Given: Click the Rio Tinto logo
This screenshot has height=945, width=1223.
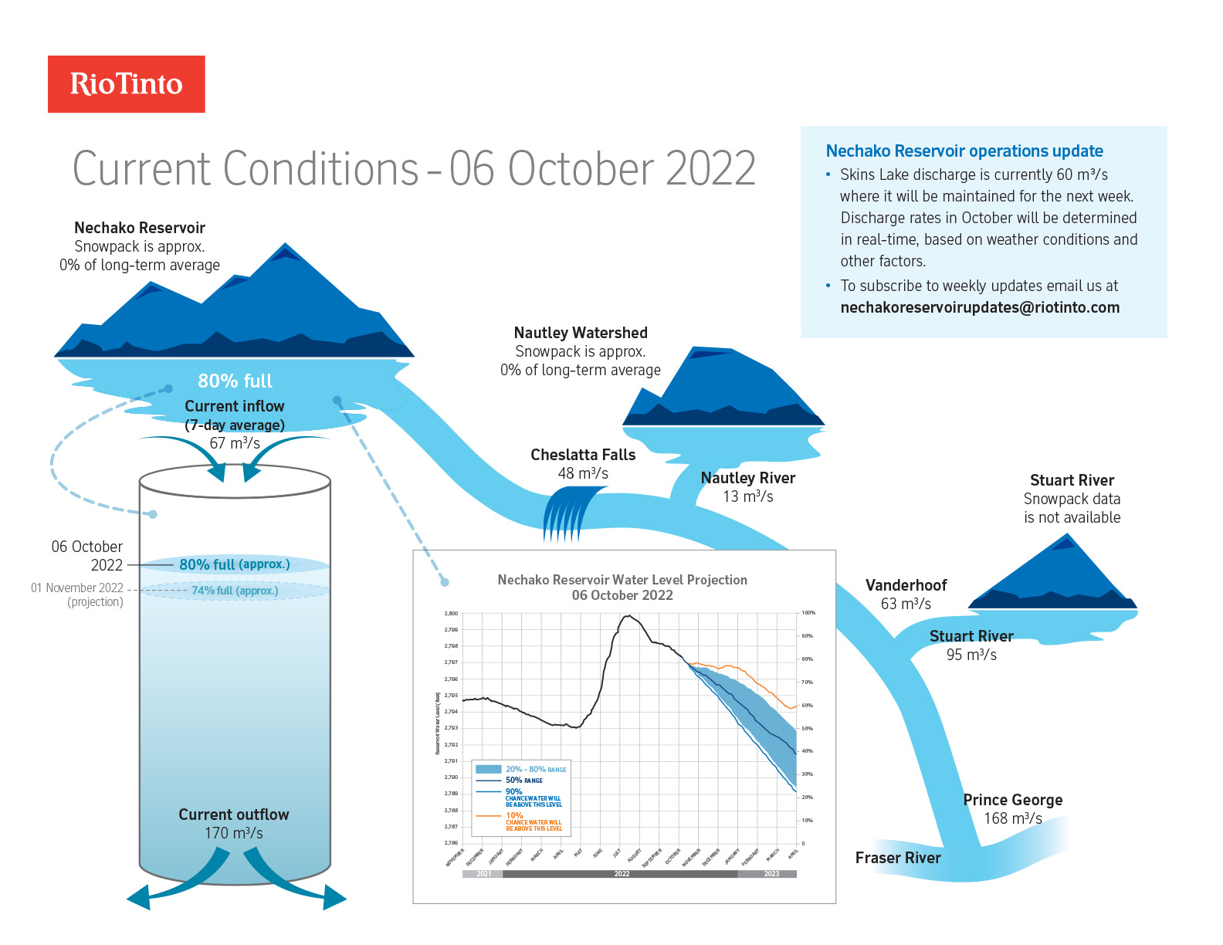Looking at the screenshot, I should coord(127,84).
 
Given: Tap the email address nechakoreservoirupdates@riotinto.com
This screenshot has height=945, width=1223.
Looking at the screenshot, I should coord(980,307).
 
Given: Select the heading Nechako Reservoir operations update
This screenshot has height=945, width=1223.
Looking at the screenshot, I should coord(964,151).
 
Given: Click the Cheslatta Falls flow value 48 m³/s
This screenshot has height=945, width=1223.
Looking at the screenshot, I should coord(583,473).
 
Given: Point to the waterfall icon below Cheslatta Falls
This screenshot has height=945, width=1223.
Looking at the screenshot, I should coord(571,513).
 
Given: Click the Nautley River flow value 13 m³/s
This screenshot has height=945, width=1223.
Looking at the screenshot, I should coord(747,496).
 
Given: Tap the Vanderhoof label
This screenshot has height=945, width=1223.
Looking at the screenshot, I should coord(906,585).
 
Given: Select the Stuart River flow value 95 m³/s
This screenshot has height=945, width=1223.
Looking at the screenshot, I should coord(971,655).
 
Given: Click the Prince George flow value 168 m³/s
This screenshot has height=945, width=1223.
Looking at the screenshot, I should coord(1012,818).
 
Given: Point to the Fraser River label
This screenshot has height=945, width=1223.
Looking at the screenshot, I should coord(898,858).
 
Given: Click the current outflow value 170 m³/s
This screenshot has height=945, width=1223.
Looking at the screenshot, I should coord(233,833).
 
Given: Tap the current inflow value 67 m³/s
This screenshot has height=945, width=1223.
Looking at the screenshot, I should coord(235,443).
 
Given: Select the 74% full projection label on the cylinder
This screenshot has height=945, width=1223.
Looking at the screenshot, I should coord(235,591).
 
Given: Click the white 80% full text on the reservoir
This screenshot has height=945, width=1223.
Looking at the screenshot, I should coord(235,381).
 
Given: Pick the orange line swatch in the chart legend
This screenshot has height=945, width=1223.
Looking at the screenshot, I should coord(489,816).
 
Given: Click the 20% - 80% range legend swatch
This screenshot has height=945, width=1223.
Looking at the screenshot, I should coord(489,769).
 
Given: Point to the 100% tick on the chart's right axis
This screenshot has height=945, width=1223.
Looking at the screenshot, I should coord(808,613).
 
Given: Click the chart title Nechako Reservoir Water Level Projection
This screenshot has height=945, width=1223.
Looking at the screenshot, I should coord(622,580).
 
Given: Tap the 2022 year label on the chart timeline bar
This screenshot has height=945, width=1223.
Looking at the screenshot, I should coord(622,874).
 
